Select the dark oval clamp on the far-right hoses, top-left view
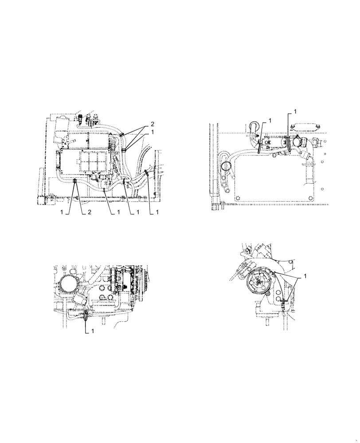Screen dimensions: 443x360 tap(146, 174)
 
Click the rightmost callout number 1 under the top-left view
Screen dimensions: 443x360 tap(157, 213)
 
